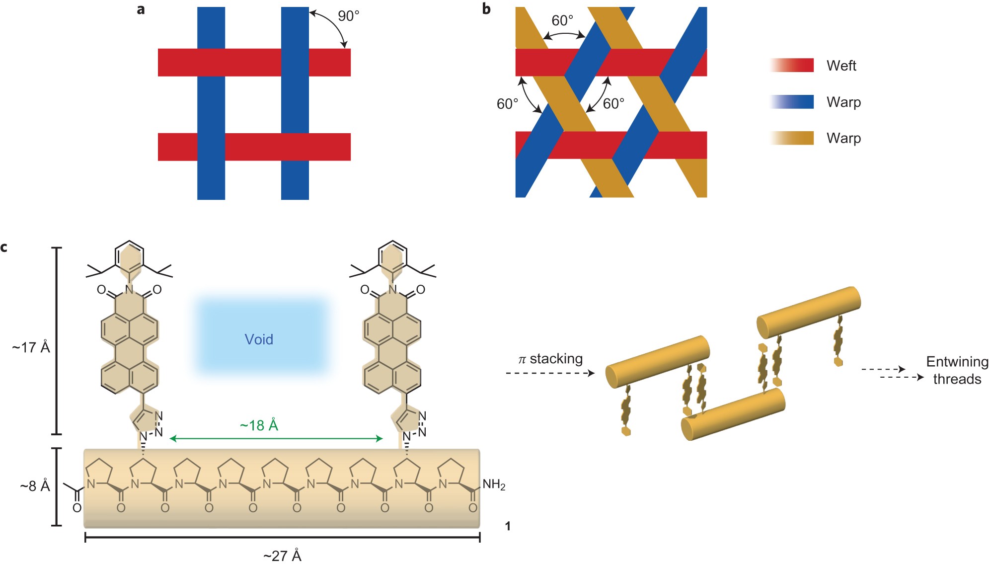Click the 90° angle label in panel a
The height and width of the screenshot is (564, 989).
(348, 16)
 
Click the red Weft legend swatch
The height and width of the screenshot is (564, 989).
(793, 65)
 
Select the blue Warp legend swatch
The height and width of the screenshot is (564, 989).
(793, 102)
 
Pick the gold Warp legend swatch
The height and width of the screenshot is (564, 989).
(793, 138)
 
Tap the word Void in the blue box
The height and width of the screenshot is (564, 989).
(259, 339)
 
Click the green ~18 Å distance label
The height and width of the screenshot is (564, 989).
(259, 425)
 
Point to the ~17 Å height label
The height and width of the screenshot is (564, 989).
(31, 347)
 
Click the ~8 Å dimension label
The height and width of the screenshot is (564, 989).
(35, 486)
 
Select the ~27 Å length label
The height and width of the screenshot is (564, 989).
(282, 556)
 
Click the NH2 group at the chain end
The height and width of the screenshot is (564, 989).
(494, 484)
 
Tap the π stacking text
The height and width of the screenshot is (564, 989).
(550, 359)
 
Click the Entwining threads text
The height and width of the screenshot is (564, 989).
(957, 370)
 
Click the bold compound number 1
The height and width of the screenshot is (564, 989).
(508, 526)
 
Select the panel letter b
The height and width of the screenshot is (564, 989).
(486, 9)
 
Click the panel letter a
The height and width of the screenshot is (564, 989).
(141, 9)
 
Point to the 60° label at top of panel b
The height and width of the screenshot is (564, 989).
(562, 21)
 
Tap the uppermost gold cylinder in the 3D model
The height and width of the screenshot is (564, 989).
(809, 312)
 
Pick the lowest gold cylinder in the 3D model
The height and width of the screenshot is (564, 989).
(733, 415)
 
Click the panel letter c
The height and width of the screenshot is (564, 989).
(4, 247)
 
